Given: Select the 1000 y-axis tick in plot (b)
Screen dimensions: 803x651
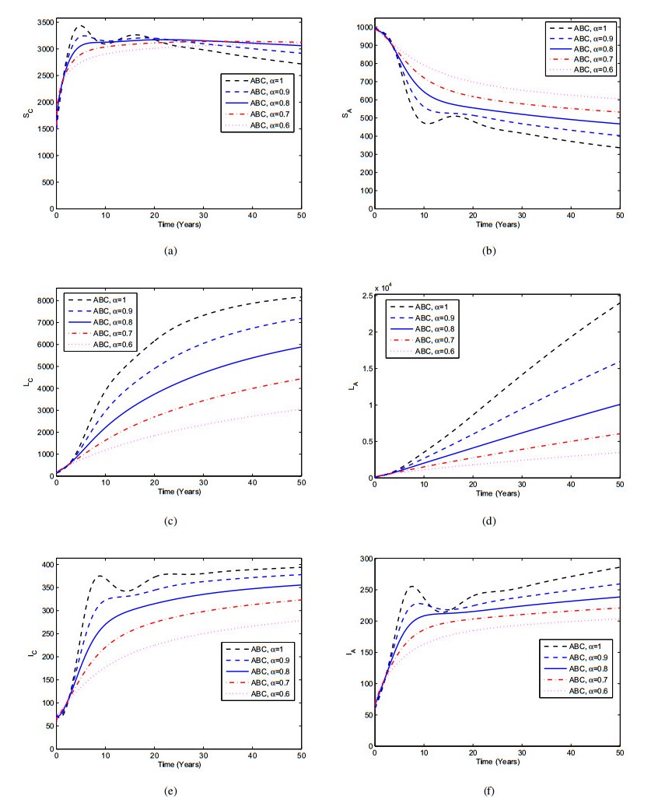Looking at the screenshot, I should [362, 27].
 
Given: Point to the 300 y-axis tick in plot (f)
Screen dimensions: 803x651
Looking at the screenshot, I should [362, 559].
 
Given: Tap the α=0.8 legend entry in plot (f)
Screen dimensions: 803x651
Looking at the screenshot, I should [583, 669].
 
